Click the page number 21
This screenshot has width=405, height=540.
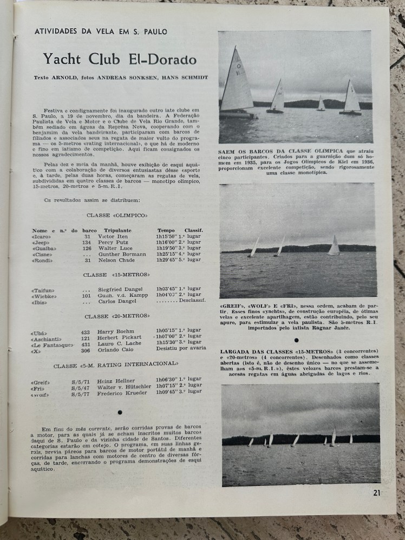tap(377, 492)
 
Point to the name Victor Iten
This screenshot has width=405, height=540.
tap(112, 237)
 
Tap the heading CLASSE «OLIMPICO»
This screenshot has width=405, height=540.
tap(116, 215)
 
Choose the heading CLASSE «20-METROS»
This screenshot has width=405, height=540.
tap(117, 316)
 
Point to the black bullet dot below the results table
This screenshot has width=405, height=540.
tap(119, 412)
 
